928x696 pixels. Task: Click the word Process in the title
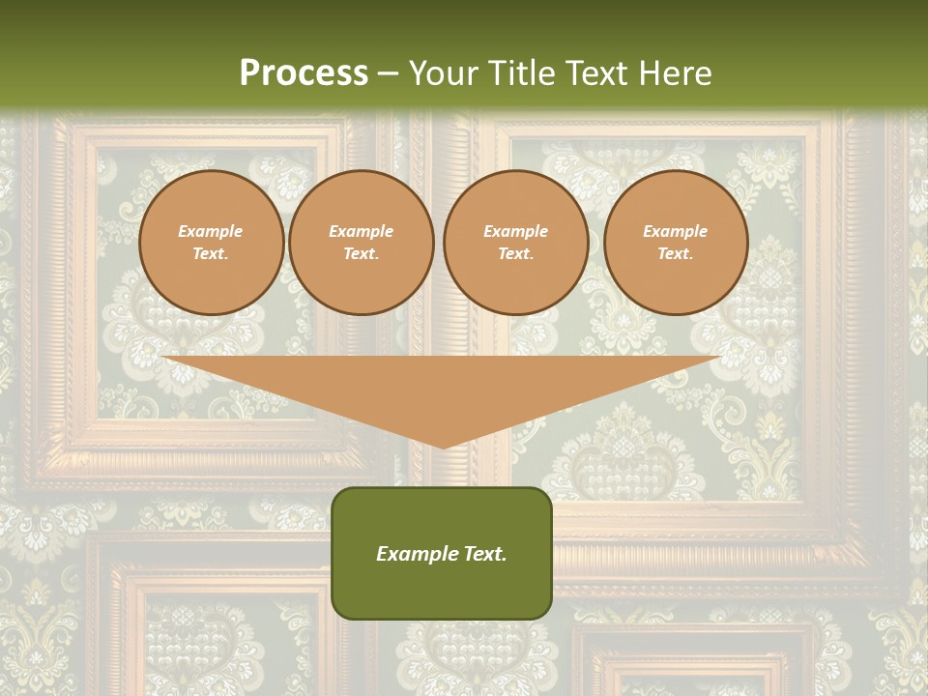[304, 73]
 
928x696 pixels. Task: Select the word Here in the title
[673, 73]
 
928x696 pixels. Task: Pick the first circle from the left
[212, 243]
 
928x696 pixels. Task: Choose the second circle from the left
[362, 243]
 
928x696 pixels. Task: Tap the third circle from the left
[516, 243]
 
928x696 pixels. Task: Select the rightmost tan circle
[676, 243]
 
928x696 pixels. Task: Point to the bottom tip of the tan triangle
[443, 447]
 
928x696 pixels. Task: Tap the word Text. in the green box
[483, 554]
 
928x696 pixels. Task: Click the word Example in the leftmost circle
[211, 231]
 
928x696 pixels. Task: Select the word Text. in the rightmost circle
[676, 254]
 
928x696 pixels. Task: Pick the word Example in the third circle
[516, 231]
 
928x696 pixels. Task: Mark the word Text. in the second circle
[362, 254]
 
